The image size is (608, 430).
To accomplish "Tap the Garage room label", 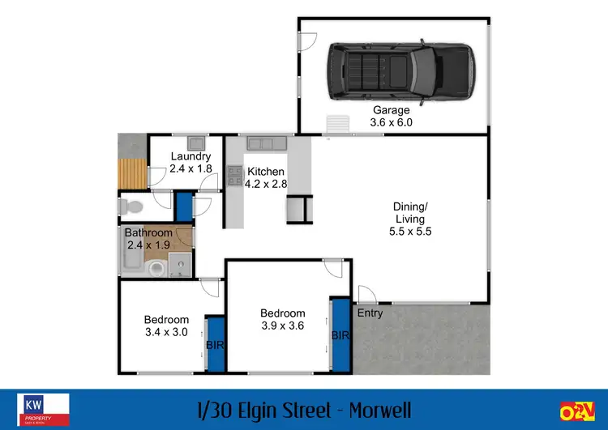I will point(392,116).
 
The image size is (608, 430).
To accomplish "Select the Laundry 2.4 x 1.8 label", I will point(191,162).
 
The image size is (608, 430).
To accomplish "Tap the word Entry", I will point(370,313).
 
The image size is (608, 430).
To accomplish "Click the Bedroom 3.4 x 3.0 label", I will point(166,326).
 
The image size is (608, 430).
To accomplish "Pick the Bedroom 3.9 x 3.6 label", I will point(282,319).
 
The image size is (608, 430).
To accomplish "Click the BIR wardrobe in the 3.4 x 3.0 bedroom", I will point(215,344).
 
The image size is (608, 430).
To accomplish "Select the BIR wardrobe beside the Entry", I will point(340,334).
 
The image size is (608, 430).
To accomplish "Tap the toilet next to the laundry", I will point(129,207).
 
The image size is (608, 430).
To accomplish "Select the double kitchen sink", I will point(264,143).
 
